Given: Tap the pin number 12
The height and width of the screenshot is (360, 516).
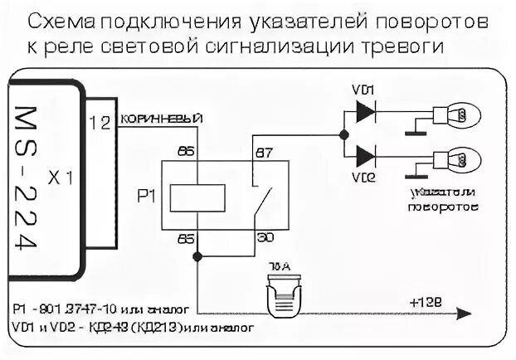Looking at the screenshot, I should [x=100, y=123].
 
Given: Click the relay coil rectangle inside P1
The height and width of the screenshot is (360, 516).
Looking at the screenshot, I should [x=197, y=198].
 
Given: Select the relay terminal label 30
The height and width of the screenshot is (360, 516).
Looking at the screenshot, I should [x=265, y=239].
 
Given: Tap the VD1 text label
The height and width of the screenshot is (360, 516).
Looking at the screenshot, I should [x=366, y=90].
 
